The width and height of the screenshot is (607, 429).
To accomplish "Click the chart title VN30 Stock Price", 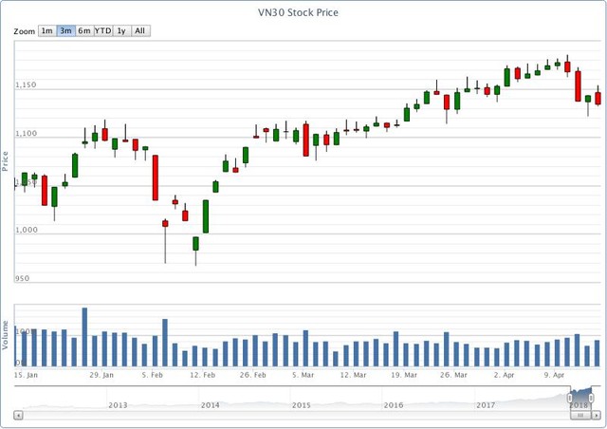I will point(303,13).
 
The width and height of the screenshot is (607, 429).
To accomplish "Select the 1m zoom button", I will point(46,30).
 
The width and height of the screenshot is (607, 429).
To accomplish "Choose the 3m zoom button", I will point(65,30).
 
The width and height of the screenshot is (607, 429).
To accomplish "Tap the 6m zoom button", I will point(84,30).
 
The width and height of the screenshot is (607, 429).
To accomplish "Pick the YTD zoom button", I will point(102,30).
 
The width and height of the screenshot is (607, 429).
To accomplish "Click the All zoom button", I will point(139,30).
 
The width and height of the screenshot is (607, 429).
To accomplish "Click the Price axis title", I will point(6,160).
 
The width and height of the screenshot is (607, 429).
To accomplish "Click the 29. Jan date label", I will point(101,376).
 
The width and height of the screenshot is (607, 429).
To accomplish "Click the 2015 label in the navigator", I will point(302,405).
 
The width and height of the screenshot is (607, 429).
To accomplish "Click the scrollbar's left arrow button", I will point(18,415).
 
